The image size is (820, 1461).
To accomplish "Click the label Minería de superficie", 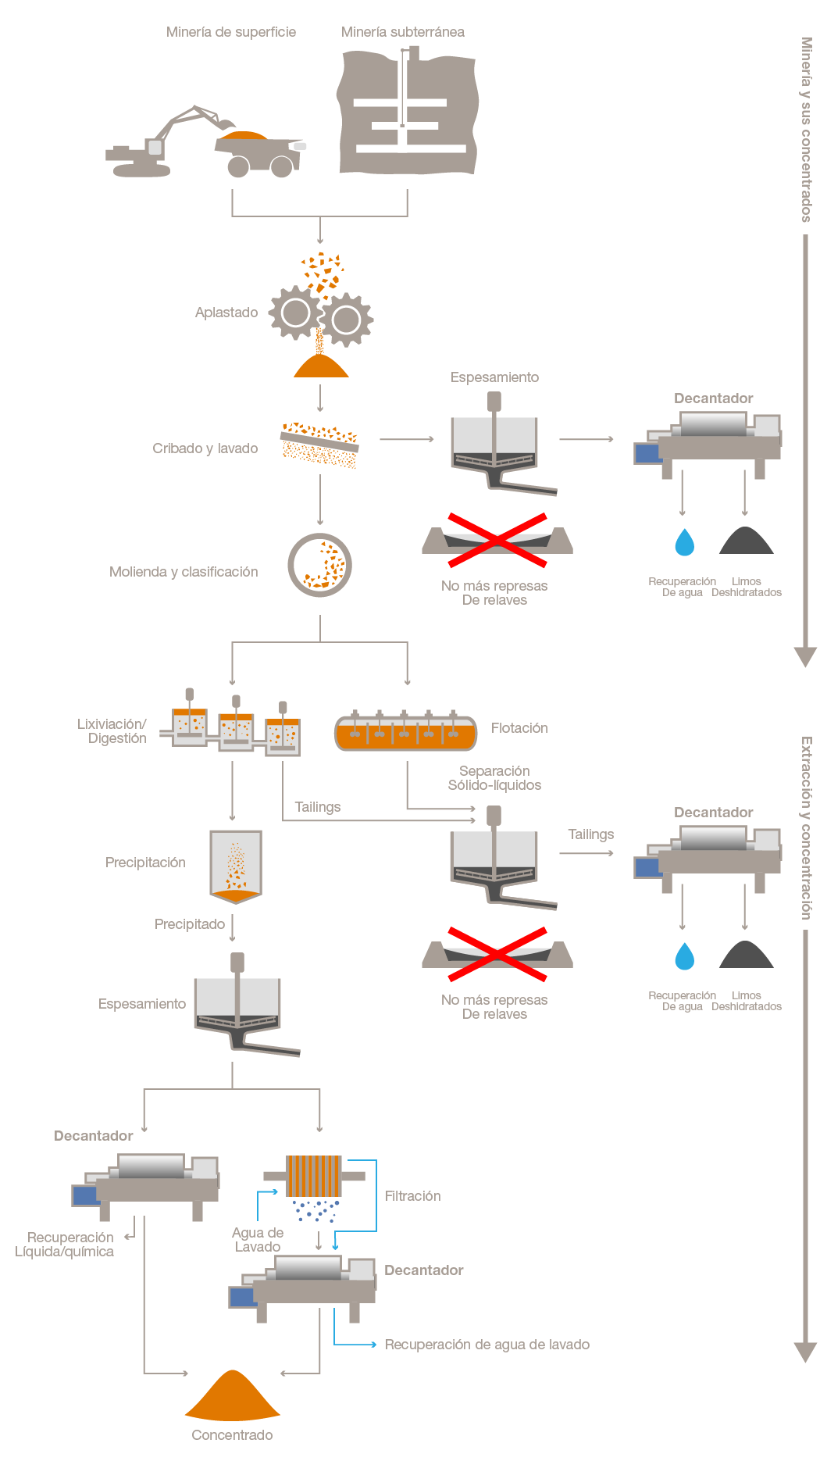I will click(x=230, y=32).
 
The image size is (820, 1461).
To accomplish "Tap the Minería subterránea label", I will click(x=402, y=32).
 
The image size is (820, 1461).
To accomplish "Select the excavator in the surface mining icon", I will click(x=160, y=145).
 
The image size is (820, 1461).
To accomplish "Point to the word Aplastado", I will click(x=226, y=313).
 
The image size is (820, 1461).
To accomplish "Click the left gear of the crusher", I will click(x=296, y=313).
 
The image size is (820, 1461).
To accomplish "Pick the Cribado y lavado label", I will click(x=205, y=448).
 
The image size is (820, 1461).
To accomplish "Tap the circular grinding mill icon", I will click(x=319, y=565).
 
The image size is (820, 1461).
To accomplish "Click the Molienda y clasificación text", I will click(x=184, y=572).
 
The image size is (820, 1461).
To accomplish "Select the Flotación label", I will click(x=519, y=728).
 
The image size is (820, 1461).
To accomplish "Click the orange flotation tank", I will click(x=405, y=734).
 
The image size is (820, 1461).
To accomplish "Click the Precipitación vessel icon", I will click(x=235, y=866).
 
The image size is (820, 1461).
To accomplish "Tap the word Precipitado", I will click(x=190, y=924).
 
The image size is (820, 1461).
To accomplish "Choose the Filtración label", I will click(x=412, y=1196).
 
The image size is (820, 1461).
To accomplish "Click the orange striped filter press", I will click(x=313, y=1176).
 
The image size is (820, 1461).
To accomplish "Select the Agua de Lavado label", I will click(x=258, y=1240).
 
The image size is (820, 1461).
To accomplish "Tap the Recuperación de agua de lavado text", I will click(x=487, y=1345).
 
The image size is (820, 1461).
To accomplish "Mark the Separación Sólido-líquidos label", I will click(x=494, y=778).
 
